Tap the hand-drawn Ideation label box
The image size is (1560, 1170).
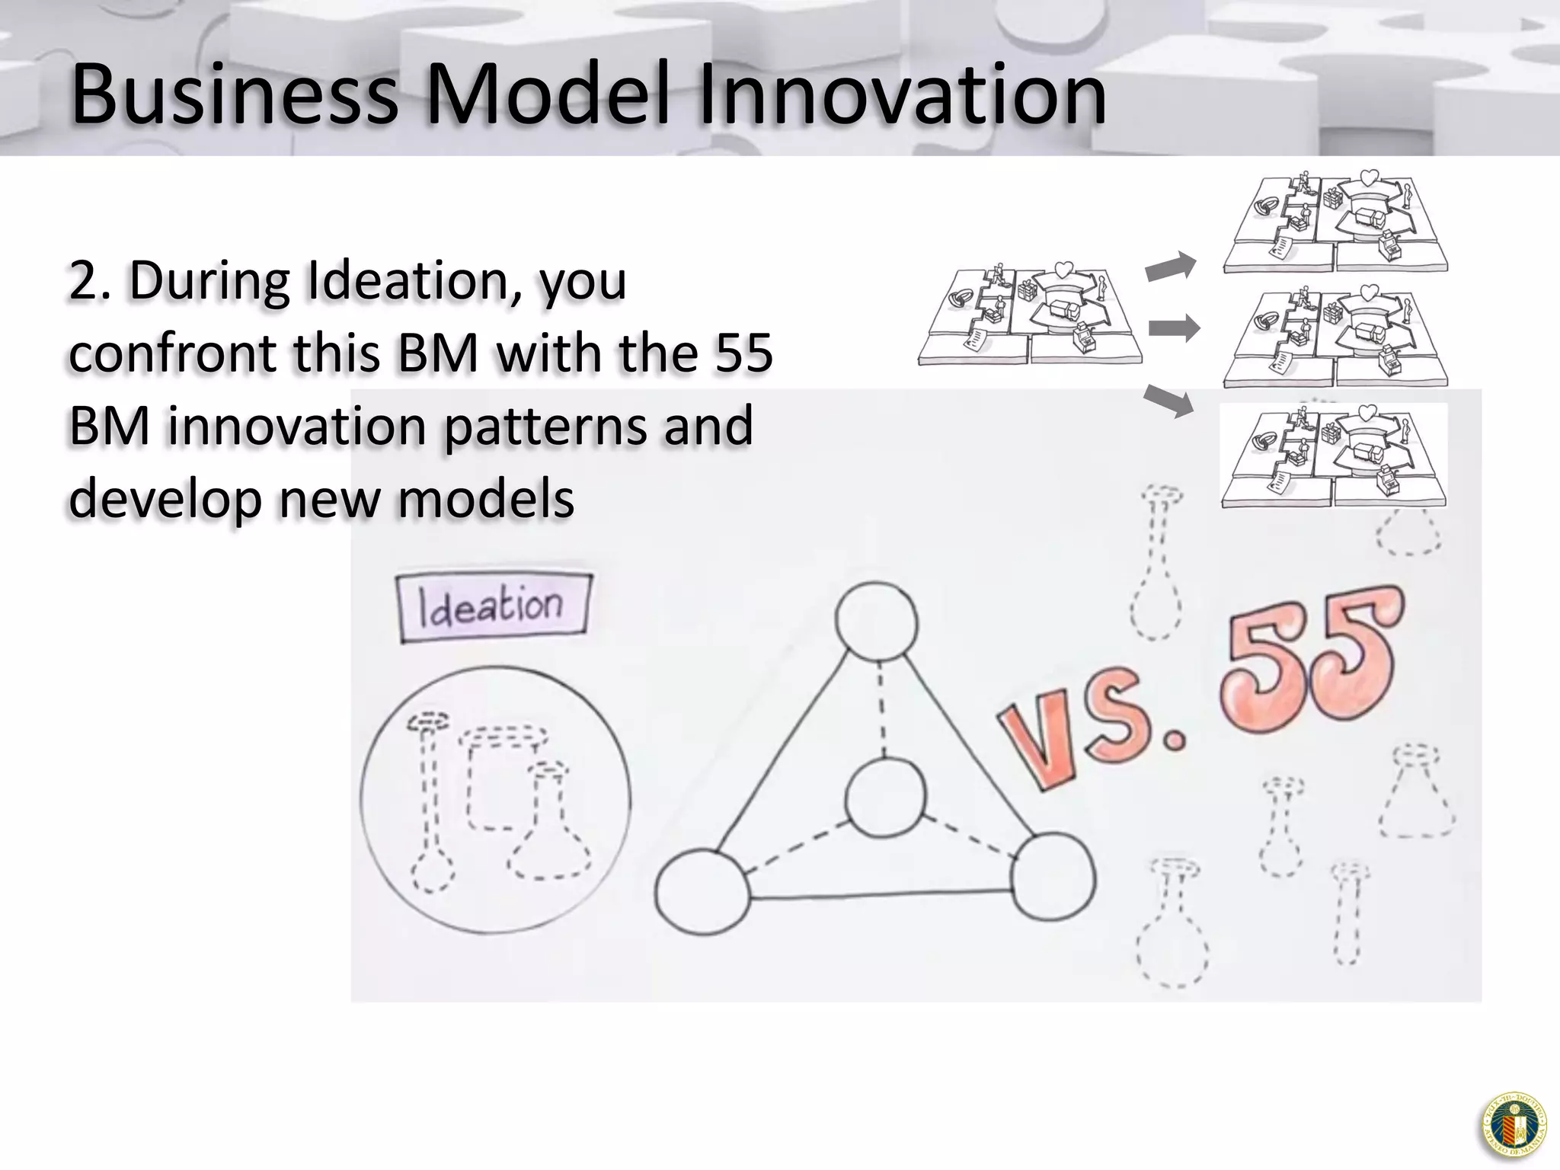point(493,606)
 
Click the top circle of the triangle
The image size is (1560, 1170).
point(876,622)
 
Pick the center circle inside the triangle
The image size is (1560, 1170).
point(885,798)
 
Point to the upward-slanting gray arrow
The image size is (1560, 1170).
point(1172,267)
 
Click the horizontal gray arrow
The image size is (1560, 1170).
point(1173,329)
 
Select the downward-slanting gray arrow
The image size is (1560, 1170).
point(1170,401)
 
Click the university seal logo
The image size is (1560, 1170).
point(1513,1126)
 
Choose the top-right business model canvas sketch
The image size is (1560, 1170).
point(1335,222)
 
